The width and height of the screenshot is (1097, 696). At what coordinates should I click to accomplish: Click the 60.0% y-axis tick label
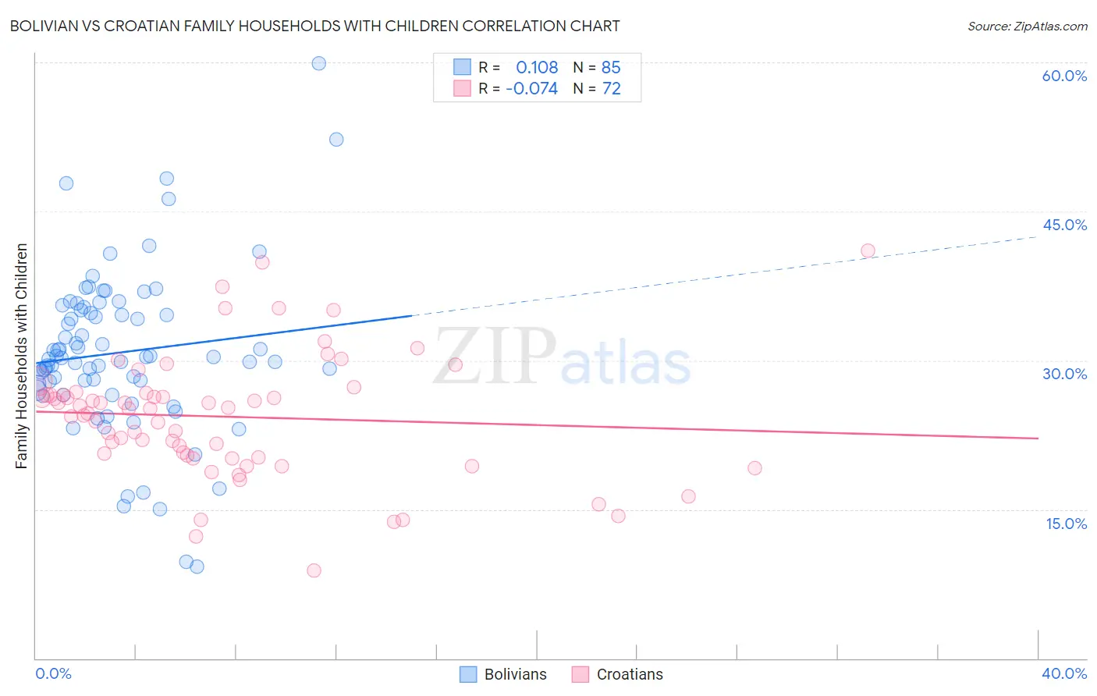[1064, 76]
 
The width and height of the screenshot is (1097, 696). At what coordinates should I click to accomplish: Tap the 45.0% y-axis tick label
[1064, 225]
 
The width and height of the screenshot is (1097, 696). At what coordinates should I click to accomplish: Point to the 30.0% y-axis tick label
[1064, 374]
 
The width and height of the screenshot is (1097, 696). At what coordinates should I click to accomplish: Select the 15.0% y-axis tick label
[1066, 524]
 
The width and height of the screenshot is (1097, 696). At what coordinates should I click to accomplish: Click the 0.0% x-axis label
[53, 673]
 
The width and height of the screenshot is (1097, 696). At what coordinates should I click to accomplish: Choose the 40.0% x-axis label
[1064, 673]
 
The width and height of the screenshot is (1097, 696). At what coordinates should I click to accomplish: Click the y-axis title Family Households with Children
[21, 356]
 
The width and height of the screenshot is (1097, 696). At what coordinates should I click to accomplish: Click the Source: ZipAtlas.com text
[1027, 26]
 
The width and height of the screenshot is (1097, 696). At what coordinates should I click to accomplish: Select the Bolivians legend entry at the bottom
[503, 674]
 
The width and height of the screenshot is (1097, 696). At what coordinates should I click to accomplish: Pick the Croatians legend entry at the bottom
[617, 674]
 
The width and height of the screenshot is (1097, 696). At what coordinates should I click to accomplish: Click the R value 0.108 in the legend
[537, 67]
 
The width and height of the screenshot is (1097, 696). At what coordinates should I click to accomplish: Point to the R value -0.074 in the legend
[531, 89]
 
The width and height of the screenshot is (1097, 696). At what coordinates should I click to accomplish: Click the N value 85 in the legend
[611, 67]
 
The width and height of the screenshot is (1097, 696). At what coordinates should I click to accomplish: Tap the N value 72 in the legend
[611, 89]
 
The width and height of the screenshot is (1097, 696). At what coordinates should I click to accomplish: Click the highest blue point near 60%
[318, 63]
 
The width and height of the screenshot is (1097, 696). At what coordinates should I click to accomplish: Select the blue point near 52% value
[336, 140]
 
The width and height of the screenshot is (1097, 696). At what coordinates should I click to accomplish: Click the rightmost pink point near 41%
[868, 250]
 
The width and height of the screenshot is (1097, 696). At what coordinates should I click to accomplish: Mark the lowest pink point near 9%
[314, 570]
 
